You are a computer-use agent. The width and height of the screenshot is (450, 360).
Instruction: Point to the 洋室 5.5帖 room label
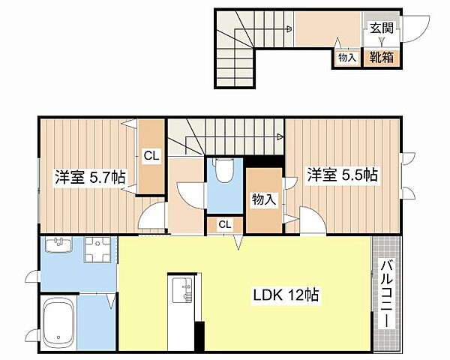pos(342,175)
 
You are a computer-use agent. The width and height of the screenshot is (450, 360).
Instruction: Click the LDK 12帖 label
pos(284,295)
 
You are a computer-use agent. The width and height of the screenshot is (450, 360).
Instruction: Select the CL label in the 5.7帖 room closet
pos(151,156)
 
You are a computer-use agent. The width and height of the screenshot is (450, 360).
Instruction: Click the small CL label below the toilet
pos(225,224)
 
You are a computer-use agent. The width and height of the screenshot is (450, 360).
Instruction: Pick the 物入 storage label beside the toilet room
pos(262,199)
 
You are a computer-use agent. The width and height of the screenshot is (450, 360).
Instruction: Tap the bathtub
pos(57,325)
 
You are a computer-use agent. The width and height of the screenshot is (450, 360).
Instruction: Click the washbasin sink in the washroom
pos(58,246)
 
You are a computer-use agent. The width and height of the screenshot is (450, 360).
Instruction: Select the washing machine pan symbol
pos(97,251)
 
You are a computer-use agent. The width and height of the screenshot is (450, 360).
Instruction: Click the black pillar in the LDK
pos(199,336)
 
